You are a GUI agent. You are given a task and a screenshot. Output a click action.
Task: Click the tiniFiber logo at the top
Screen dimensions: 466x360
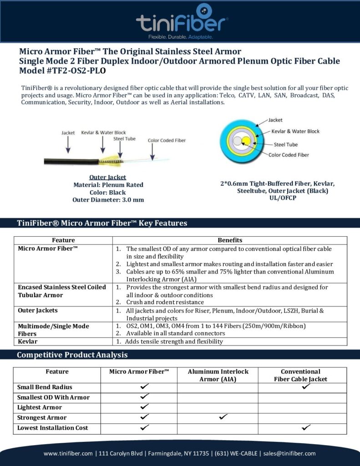click(182, 20)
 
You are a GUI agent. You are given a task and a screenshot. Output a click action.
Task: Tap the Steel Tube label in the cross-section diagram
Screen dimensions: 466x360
click(286, 145)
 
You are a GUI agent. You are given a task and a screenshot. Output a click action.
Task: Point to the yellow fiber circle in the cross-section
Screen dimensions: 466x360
click(246, 141)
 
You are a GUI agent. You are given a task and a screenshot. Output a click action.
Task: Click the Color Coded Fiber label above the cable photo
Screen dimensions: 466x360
click(167, 141)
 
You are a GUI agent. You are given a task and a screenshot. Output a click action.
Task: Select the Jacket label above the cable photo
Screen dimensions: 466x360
click(68, 133)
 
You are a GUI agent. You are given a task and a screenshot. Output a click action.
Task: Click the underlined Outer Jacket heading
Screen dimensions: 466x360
click(108, 177)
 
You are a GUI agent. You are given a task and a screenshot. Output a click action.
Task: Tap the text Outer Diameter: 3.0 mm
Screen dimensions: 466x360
click(108, 199)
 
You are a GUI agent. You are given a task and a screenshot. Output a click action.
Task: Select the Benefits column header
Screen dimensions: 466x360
click(230, 240)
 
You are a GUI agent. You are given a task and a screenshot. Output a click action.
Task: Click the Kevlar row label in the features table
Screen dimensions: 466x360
click(28, 341)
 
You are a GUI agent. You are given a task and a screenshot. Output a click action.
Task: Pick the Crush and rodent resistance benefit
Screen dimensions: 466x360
click(165, 302)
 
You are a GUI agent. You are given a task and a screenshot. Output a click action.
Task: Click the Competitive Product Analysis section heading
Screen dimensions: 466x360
click(72, 355)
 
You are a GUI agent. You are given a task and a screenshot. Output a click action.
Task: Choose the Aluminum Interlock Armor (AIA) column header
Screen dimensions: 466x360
click(217, 375)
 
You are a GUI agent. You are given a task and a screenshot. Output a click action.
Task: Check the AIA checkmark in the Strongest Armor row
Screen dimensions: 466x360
click(223, 417)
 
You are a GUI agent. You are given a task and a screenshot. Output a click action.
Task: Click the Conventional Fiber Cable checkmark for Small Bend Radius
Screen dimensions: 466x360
click(306, 386)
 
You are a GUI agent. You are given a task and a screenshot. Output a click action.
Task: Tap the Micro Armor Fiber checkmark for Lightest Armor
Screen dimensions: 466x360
click(145, 406)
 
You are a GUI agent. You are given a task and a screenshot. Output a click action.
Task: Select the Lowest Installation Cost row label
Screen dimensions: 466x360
click(53, 428)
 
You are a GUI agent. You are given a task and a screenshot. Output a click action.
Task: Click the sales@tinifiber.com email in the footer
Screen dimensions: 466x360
click(291, 453)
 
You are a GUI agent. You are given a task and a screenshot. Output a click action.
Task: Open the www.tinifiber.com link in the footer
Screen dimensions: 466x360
click(68, 453)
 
